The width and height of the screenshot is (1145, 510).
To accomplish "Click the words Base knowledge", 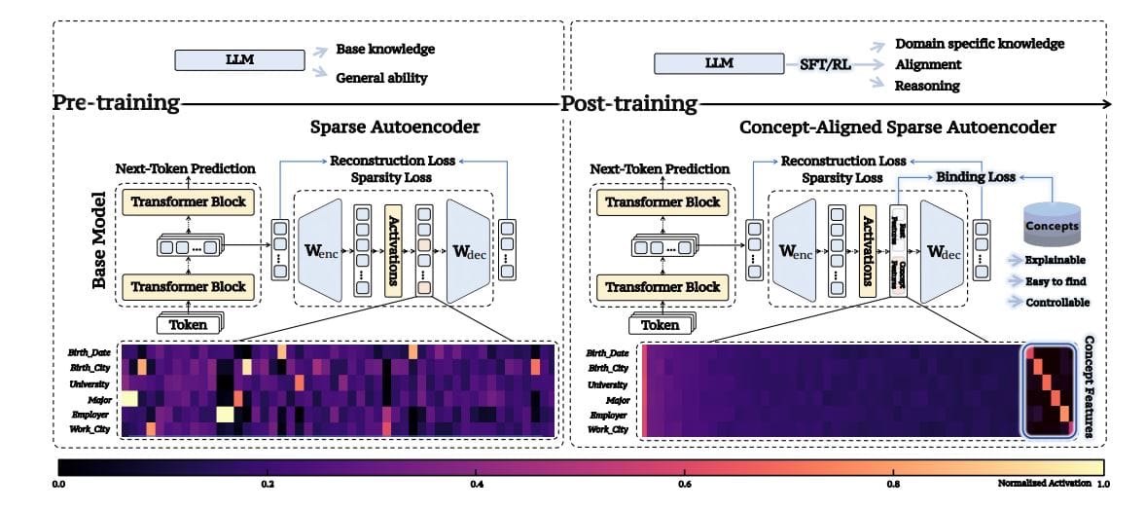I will tap(385, 49).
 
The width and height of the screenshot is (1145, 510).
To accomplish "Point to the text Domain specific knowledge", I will tap(979, 44).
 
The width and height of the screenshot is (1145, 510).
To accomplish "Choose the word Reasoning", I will tap(927, 86).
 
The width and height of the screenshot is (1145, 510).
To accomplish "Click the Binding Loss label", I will tap(976, 177).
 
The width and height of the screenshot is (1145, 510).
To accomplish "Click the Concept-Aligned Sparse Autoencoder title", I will tap(898, 127).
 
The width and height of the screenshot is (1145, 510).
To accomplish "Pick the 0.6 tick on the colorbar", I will tap(685, 483).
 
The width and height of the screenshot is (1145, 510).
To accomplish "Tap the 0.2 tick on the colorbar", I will tap(268, 483).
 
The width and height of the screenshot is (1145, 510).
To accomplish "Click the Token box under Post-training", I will tap(662, 325).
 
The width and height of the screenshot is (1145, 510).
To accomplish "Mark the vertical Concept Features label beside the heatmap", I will tap(1089, 387).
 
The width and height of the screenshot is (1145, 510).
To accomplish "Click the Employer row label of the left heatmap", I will tap(90, 415).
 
